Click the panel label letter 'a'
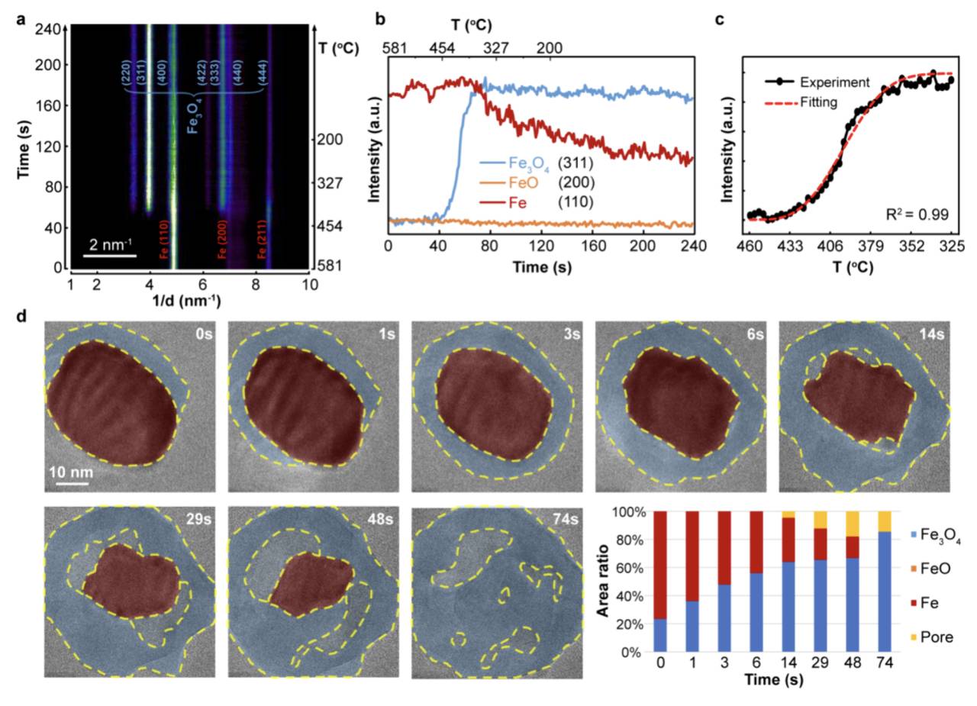21,20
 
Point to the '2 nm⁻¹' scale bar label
109,244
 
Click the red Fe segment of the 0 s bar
661,565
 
